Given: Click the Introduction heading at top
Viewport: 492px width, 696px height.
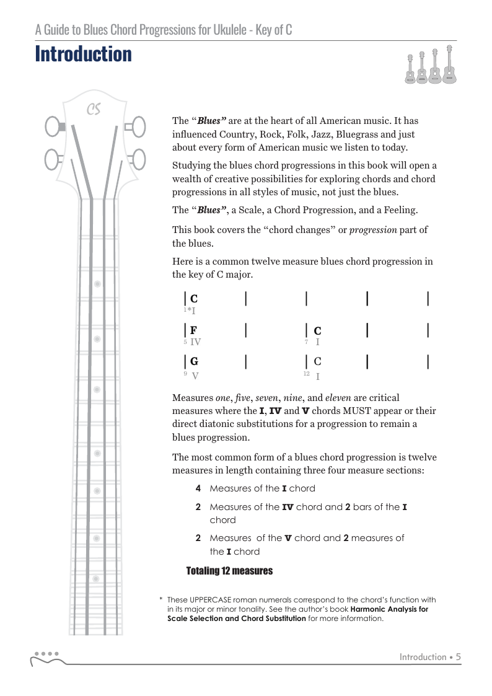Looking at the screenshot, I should pyautogui.click(x=84, y=55).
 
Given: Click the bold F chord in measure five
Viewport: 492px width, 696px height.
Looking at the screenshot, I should pyautogui.click(x=194, y=330).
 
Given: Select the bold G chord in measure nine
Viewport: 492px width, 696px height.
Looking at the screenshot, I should pyautogui.click(x=194, y=361).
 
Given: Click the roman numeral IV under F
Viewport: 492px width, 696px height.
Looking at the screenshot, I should pyautogui.click(x=195, y=341).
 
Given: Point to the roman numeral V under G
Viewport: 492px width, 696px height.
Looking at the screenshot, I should pyautogui.click(x=195, y=376).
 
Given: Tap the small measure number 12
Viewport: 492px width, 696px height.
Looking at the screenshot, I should pyautogui.click(x=306, y=373).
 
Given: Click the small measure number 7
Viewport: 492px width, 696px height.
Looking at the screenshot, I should pyautogui.click(x=306, y=341).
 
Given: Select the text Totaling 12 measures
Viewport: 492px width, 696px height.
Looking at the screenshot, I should pyautogui.click(x=229, y=571).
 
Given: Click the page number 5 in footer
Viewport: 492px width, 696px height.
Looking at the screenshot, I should pyautogui.click(x=458, y=657).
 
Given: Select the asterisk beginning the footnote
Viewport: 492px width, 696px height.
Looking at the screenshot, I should pyautogui.click(x=160, y=600).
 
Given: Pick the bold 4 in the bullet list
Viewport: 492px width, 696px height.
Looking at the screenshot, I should pyautogui.click(x=198, y=488).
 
